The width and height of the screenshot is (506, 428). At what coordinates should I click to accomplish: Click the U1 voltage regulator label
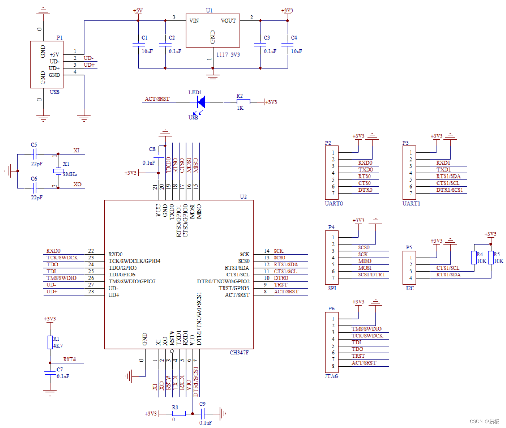209,10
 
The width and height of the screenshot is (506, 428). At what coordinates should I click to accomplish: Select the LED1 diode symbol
201,102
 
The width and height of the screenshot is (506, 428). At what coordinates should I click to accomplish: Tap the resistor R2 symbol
243,102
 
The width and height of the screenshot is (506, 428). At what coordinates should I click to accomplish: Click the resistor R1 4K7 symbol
50,342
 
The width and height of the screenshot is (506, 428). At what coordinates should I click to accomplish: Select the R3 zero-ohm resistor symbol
179,414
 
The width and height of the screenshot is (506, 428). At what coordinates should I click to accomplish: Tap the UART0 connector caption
334,203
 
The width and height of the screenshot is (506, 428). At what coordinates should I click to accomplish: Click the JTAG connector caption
332,376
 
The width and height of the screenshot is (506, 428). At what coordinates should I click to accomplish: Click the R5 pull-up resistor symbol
491,258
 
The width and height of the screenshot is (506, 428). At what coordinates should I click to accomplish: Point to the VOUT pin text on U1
228,20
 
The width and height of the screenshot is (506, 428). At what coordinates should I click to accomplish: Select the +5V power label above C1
138,10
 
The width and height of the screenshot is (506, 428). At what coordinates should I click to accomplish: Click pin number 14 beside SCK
267,251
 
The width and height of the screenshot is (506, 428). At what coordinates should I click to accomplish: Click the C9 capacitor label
202,404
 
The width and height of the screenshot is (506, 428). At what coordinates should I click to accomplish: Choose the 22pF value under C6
37,197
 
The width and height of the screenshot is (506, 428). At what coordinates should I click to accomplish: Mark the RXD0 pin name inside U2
115,254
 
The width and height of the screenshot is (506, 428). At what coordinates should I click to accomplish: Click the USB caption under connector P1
55,92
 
